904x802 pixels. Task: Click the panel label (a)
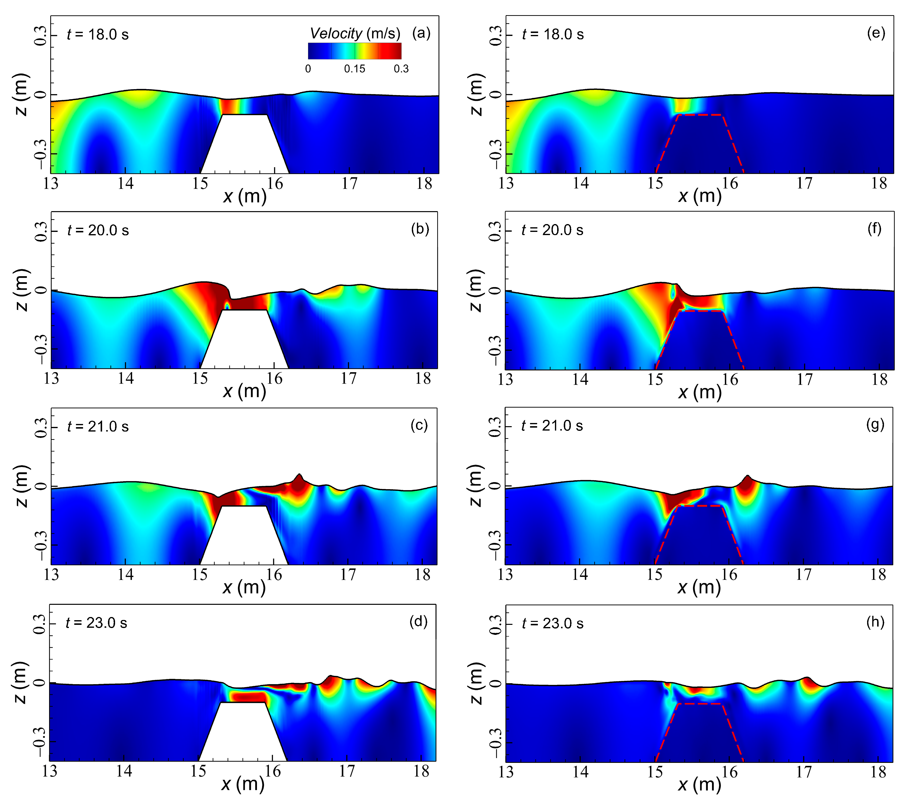pyautogui.click(x=421, y=33)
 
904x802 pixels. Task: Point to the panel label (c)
pyautogui.click(x=419, y=425)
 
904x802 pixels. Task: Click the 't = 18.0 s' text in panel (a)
pyautogui.click(x=98, y=34)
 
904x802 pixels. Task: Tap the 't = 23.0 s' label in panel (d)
pyautogui.click(x=96, y=623)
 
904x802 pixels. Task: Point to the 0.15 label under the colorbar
pyautogui.click(x=355, y=69)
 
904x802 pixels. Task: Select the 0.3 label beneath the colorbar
pyautogui.click(x=401, y=69)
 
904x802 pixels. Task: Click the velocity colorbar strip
pyautogui.click(x=355, y=51)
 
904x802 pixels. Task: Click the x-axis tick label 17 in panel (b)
pyautogui.click(x=349, y=379)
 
